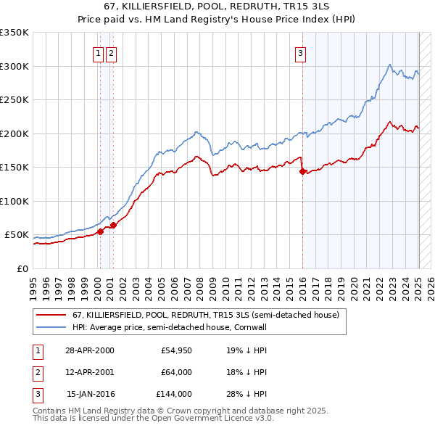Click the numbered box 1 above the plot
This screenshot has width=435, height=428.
(97, 52)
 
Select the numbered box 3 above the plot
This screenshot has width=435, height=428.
(299, 52)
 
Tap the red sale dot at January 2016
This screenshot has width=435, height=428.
(302, 172)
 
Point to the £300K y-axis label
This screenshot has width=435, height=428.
(14, 66)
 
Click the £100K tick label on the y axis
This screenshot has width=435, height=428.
(14, 201)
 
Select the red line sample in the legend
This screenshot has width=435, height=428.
(51, 316)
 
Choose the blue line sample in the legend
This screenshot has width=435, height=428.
(51, 327)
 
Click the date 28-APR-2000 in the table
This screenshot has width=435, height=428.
(90, 350)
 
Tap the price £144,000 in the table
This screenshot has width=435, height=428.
(174, 394)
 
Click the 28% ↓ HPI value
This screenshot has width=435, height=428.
(246, 394)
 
